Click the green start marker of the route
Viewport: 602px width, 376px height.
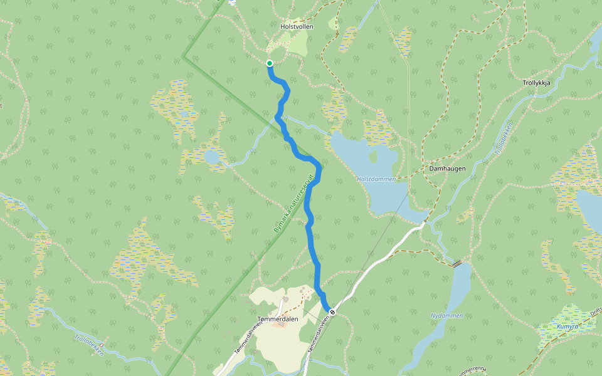pos(270,63)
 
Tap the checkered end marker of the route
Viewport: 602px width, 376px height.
pos(332,311)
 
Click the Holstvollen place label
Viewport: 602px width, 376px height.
pos(296,27)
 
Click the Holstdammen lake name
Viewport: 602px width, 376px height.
pos(376,179)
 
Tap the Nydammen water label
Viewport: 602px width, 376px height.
pos(446,316)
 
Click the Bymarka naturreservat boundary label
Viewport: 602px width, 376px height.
pos(293,204)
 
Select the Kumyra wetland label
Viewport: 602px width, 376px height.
pos(567,326)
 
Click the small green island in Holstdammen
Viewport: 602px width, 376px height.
pos(374,155)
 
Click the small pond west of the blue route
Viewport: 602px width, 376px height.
pos(212,156)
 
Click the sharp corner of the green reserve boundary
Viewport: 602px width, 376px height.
pos(183,56)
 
